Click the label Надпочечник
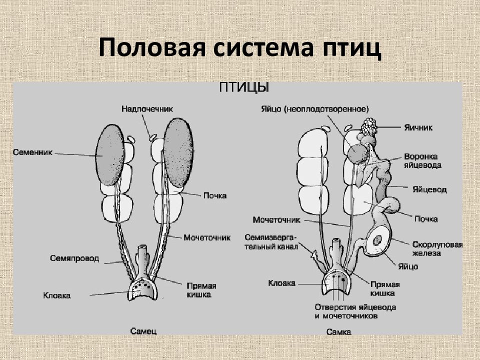[147, 109]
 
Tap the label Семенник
[33, 152]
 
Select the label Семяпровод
[74, 258]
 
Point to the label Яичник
[418, 127]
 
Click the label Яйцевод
[429, 189]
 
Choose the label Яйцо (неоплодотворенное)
[315, 109]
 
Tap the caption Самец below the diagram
[143, 331]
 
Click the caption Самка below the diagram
[338, 332]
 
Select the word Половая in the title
[152, 48]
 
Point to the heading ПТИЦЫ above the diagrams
[244, 88]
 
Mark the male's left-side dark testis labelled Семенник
[110, 155]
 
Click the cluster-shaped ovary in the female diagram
[369, 126]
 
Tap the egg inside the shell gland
[377, 240]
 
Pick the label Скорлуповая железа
[437, 249]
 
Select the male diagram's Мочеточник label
[207, 237]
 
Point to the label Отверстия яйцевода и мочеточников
[355, 311]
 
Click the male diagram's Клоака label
[57, 295]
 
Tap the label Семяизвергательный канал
[271, 242]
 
